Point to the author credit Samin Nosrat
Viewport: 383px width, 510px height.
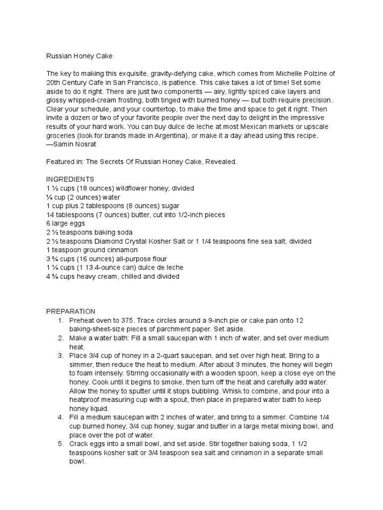click(x=70, y=144)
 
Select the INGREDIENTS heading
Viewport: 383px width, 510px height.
click(x=70, y=179)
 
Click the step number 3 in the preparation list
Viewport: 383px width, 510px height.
click(x=60, y=356)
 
